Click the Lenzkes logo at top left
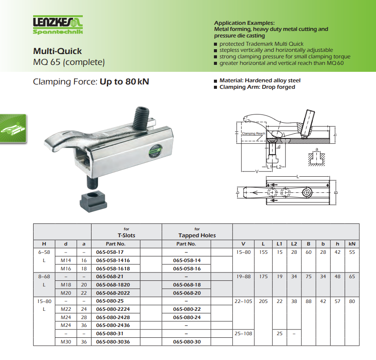[58, 25]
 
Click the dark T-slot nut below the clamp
[93, 202]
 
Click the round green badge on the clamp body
[155, 151]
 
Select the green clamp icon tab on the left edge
[13, 128]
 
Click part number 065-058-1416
[113, 260]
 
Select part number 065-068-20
[187, 293]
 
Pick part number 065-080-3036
[113, 342]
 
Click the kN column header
[352, 244]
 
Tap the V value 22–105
[244, 301]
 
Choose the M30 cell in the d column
[66, 342]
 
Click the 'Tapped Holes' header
[197, 236]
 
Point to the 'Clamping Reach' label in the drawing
[254, 133]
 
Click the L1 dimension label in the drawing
[270, 167]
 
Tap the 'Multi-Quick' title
[58, 51]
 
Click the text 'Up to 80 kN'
[124, 82]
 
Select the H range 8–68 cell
[44, 277]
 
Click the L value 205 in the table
[263, 301]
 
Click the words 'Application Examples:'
[244, 23]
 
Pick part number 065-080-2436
[113, 325]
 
